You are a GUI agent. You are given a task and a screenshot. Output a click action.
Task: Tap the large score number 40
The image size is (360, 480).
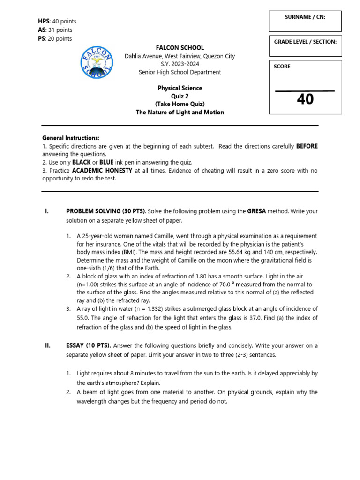pos(305,99)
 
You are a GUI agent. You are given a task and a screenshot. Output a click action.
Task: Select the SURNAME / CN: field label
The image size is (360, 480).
pos(305,17)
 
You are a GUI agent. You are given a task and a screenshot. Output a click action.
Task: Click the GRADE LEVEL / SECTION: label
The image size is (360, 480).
pos(305,42)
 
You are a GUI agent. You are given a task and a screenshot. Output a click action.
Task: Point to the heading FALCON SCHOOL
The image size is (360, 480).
pos(180,48)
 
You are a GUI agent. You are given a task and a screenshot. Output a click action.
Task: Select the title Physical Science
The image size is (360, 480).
pos(180,88)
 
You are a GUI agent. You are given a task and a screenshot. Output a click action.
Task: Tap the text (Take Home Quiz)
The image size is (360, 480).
pos(180,104)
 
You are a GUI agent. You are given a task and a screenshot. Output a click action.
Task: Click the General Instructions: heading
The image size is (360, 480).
pos(71,138)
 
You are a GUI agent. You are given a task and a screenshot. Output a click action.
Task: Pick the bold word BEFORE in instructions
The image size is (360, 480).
pos(307,146)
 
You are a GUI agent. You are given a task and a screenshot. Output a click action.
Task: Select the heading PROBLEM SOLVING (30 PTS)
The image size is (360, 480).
pos(106,211)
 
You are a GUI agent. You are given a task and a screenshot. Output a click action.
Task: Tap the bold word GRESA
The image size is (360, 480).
pos(256,211)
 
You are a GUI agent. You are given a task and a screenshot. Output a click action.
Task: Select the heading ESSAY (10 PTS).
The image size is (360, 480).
pos(89,346)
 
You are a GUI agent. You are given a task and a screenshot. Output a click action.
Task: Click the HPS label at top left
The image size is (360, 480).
pos(44,21)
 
